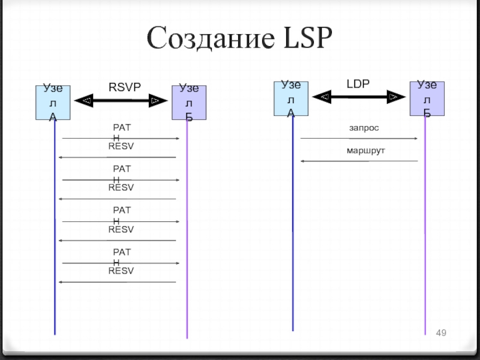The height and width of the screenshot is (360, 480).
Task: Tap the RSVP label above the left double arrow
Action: pyautogui.click(x=124, y=88)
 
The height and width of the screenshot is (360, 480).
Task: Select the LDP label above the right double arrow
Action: pyautogui.click(x=358, y=84)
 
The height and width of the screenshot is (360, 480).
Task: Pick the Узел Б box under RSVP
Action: pyautogui.click(x=189, y=102)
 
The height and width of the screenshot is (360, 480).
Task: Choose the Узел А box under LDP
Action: pyautogui.click(x=291, y=98)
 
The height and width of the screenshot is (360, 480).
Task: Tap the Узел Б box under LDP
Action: pyautogui.click(x=427, y=98)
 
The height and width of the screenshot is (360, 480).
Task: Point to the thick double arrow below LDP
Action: pyautogui.click(x=359, y=97)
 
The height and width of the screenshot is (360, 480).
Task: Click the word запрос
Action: pyautogui.click(x=364, y=128)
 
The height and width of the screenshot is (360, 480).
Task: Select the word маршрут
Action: pyautogui.click(x=365, y=150)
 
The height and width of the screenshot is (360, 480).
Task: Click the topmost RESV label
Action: pyautogui.click(x=121, y=146)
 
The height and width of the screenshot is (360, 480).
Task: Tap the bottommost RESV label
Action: pyautogui.click(x=121, y=271)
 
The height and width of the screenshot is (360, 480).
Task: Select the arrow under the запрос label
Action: pyautogui.click(x=359, y=139)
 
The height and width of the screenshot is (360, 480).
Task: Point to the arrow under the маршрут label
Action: pyautogui.click(x=359, y=161)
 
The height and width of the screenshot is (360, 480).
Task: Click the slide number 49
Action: pyautogui.click(x=442, y=333)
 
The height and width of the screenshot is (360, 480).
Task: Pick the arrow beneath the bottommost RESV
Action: pyautogui.click(x=118, y=282)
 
